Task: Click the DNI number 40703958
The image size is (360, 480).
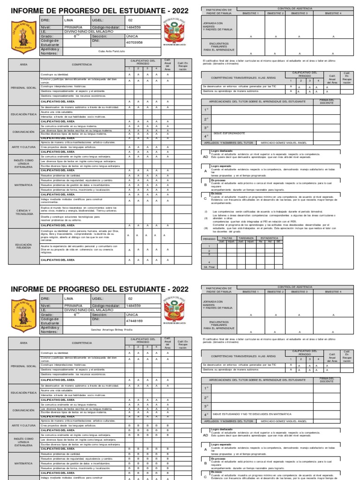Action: coord(135,42)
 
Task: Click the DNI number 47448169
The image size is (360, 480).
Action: coord(135,321)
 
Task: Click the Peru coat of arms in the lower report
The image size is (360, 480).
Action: coord(174,313)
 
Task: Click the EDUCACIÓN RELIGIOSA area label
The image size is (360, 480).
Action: coord(23,246)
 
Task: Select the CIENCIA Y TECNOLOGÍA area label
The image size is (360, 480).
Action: coord(23,212)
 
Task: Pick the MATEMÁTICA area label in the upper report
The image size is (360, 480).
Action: coord(23,185)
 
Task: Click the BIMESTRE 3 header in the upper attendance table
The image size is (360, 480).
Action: coord(300,14)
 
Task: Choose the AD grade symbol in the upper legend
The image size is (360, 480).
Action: coord(205,157)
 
